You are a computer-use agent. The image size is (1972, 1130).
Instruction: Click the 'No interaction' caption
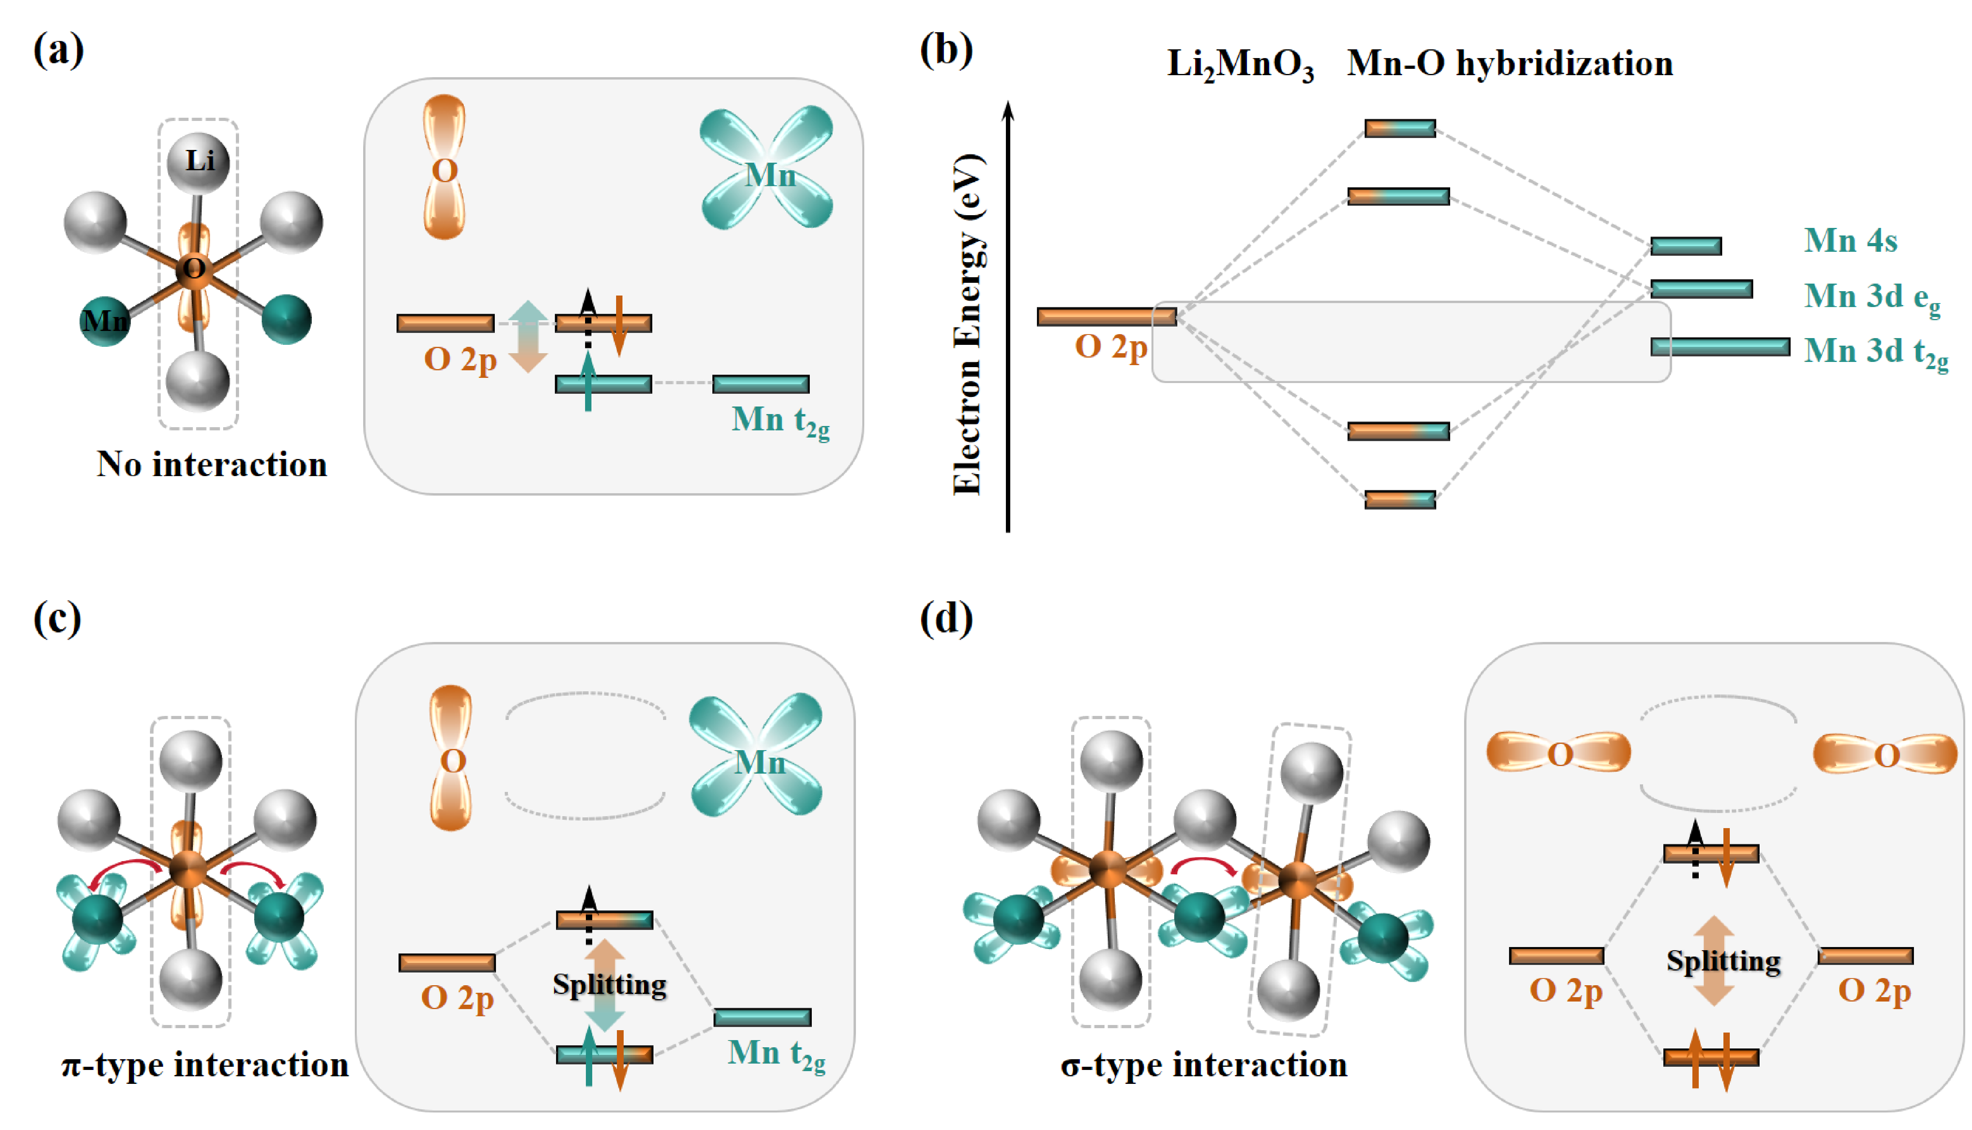212,464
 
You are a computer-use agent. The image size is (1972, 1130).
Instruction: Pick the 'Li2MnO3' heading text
1240,64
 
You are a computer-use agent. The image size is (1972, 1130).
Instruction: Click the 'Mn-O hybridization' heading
1509,63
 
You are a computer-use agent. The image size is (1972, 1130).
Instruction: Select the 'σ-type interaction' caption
1204,1064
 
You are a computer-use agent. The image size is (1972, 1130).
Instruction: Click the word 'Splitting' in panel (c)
609,984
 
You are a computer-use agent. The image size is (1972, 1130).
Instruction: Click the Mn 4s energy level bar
1686,246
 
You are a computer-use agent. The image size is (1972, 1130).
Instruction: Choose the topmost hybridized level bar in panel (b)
1400,128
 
